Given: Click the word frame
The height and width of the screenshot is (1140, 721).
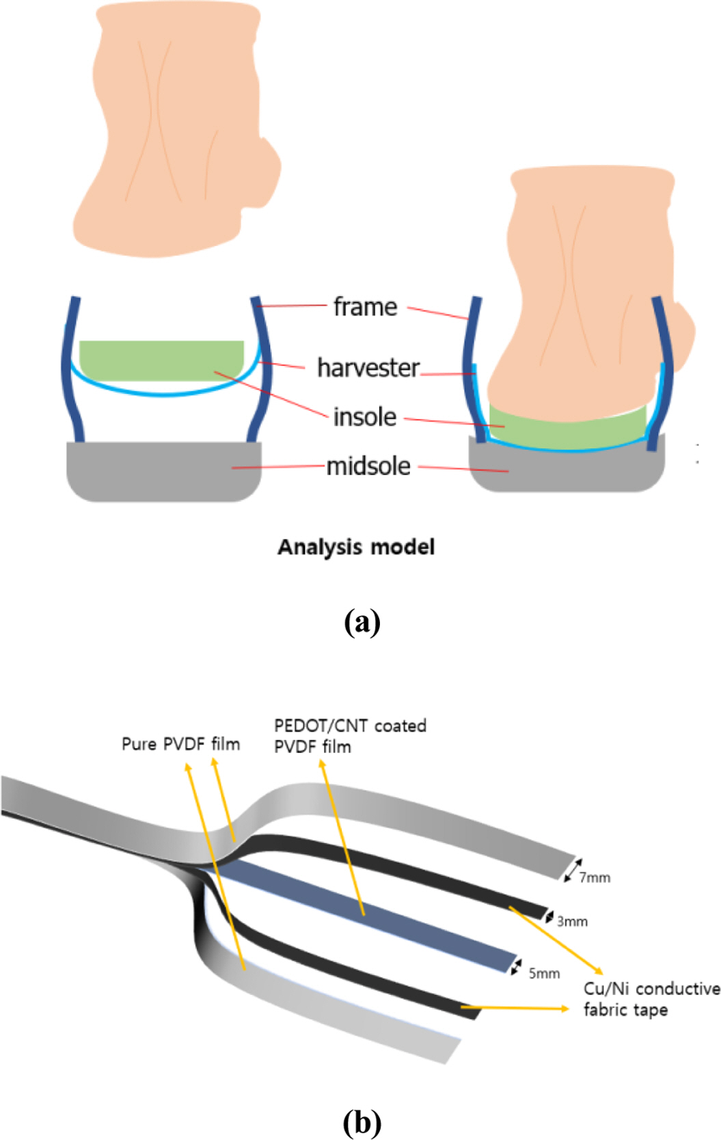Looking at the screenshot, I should click(x=365, y=307).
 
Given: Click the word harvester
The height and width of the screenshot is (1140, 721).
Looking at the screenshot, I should click(x=368, y=368).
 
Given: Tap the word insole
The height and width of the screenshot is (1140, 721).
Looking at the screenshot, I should click(x=365, y=417).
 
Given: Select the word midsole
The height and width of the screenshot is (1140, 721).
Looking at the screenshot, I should click(x=368, y=466).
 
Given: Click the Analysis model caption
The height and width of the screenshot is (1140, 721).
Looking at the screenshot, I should click(x=356, y=547).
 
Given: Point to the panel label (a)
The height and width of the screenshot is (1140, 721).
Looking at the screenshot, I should click(x=362, y=622).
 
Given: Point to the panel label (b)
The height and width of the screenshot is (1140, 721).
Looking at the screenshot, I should click(x=362, y=1122).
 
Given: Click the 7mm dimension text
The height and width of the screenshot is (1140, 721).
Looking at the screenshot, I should click(x=595, y=877).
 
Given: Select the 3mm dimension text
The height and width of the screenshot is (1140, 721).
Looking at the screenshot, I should click(x=572, y=921).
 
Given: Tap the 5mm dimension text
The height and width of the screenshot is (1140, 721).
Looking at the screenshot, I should click(x=544, y=973).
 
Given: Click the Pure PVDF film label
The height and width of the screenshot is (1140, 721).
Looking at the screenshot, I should click(x=180, y=744).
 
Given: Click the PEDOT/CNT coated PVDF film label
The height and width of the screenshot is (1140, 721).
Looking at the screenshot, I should click(x=350, y=736).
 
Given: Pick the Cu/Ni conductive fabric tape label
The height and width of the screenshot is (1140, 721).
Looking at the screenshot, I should click(x=651, y=999).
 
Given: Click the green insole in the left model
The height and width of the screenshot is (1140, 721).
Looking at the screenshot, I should click(x=161, y=359).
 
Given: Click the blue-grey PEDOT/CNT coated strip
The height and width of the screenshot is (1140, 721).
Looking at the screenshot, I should click(x=383, y=916).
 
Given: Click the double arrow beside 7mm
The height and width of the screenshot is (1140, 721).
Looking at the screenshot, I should click(x=573, y=869).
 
